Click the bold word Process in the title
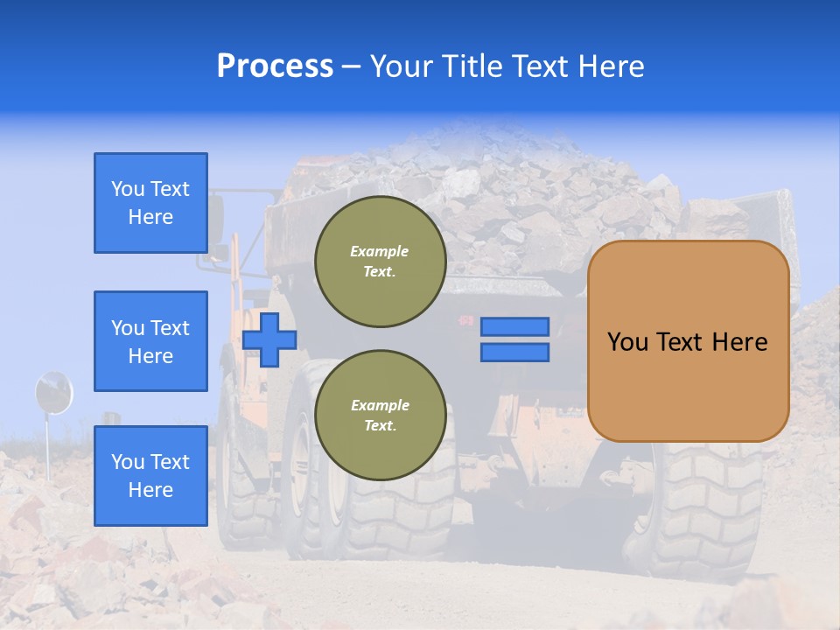coord(275,66)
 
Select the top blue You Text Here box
coord(150,203)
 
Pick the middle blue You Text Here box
coord(150,341)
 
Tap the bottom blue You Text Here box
coord(150,475)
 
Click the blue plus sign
coord(269,339)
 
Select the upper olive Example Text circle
coord(381,262)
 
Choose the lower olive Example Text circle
coord(381,416)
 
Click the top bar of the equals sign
coord(515,326)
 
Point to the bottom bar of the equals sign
coord(515,353)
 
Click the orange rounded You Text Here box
coord(688,341)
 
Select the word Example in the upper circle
coord(379,251)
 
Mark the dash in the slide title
coord(352,66)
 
